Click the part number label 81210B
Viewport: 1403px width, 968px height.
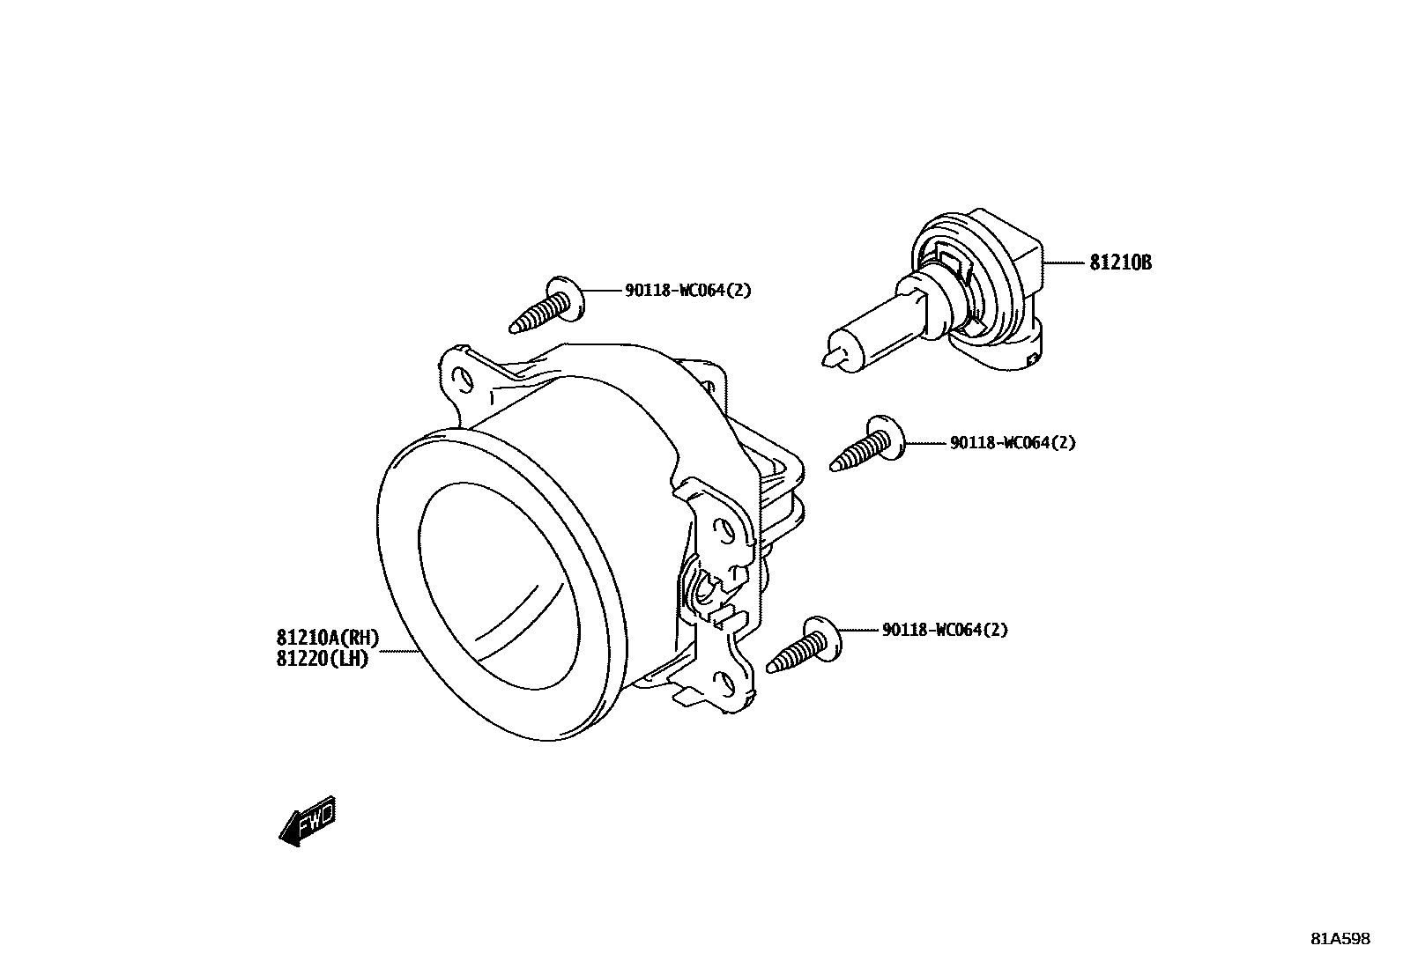tap(1120, 263)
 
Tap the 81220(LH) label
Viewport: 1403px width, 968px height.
tap(322, 658)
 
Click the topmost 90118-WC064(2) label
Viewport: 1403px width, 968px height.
tap(688, 290)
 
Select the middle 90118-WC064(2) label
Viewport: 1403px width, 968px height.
tap(1013, 443)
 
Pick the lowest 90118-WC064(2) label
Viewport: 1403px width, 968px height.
tap(945, 630)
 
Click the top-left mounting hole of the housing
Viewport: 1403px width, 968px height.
tap(459, 380)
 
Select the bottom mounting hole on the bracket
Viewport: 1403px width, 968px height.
tap(727, 682)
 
